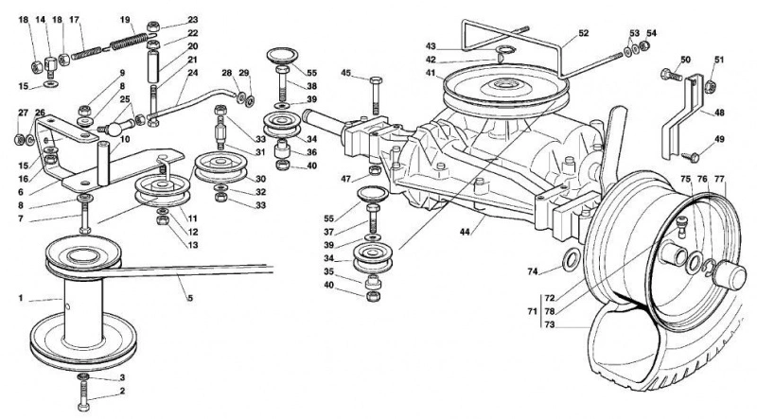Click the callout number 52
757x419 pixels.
(x=583, y=33)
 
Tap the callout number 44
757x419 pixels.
(x=465, y=232)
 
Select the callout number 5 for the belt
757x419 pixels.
(x=190, y=298)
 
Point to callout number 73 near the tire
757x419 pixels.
(x=550, y=324)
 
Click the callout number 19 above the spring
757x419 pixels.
(x=125, y=20)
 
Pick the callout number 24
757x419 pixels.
(x=193, y=73)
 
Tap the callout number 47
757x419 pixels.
(x=345, y=179)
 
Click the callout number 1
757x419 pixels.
(x=21, y=298)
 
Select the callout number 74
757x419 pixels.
(x=533, y=271)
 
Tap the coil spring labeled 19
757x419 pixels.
(x=130, y=41)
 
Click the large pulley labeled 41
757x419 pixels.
(x=506, y=91)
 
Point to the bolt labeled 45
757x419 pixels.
(x=377, y=95)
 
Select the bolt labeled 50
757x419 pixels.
(x=671, y=75)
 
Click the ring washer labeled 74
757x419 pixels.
(x=571, y=261)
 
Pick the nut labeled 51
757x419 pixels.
(x=710, y=87)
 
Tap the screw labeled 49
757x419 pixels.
(x=691, y=156)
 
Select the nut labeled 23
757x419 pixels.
(x=153, y=26)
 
